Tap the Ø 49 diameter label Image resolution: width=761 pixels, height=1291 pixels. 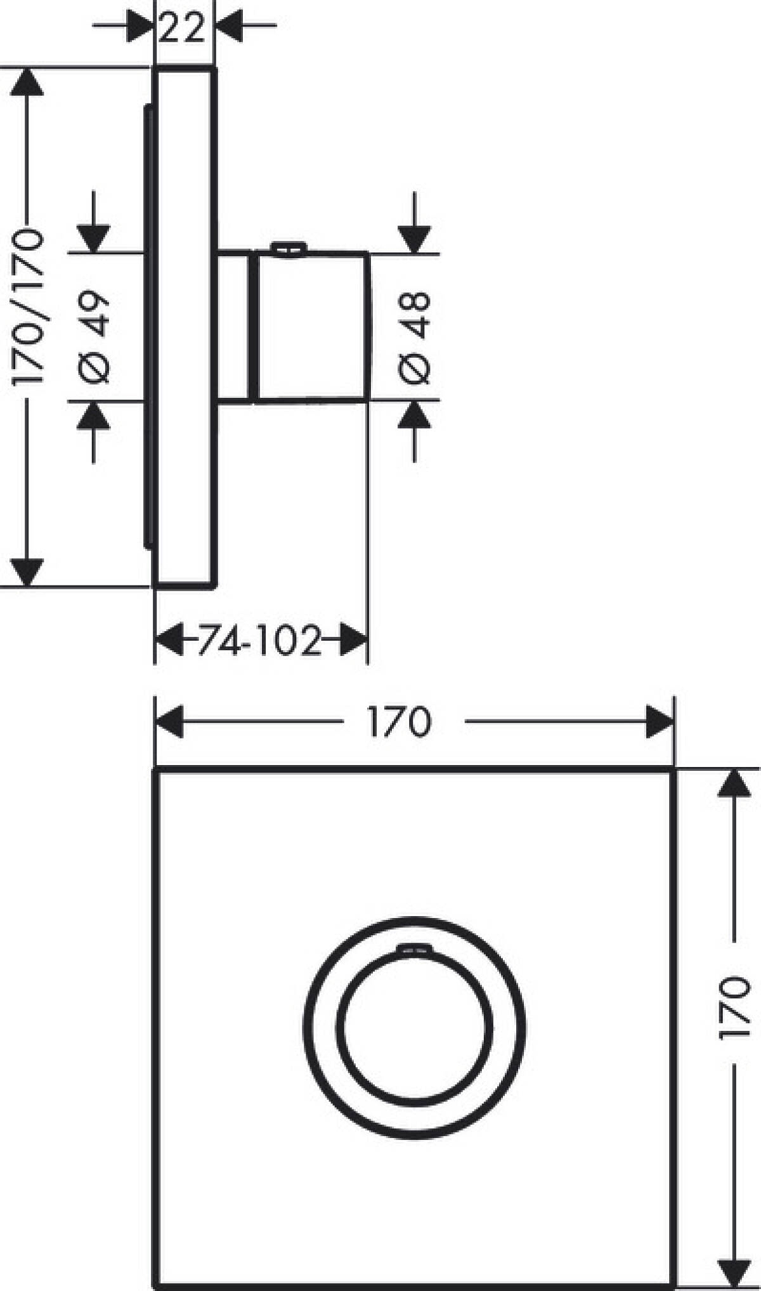pyautogui.click(x=94, y=337)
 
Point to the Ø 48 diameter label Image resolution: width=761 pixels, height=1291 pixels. pyautogui.click(x=415, y=337)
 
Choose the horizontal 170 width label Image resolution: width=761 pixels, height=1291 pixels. pyautogui.click(x=400, y=721)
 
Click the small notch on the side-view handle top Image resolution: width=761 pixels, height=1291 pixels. pyautogui.click(x=289, y=249)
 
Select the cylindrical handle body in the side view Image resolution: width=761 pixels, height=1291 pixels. pyautogui.click(x=311, y=327)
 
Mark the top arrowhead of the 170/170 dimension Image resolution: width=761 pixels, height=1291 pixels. pyautogui.click(x=27, y=82)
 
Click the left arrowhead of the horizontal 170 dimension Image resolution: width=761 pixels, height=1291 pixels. pyautogui.click(x=169, y=721)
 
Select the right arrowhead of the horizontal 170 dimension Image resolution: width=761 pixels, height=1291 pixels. pyautogui.click(x=660, y=721)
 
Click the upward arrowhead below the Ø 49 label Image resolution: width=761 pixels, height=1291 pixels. pyautogui.click(x=94, y=416)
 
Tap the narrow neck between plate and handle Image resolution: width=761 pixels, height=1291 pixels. pyautogui.click(x=235, y=327)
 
